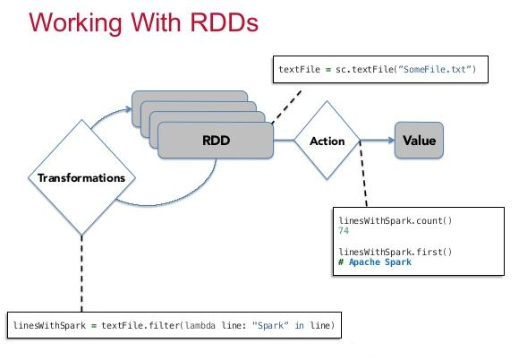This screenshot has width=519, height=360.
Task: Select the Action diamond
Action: (327, 141)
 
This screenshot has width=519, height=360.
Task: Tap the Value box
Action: (419, 141)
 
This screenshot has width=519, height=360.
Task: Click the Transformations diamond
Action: (81, 177)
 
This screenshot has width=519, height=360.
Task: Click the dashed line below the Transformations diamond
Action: (81, 269)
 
